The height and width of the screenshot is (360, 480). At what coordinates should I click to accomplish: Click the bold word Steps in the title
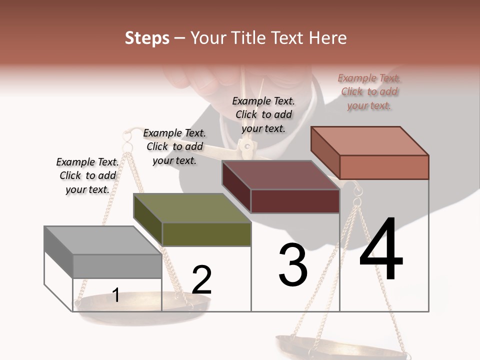(x=147, y=38)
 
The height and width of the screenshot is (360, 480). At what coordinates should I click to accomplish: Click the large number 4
(x=381, y=250)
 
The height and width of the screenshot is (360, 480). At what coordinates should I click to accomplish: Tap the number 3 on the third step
(x=293, y=265)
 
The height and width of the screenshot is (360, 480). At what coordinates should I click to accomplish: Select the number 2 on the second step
(x=201, y=280)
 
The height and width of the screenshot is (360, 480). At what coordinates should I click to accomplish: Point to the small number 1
(x=115, y=295)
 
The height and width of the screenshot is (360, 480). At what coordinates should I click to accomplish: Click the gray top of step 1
(x=95, y=240)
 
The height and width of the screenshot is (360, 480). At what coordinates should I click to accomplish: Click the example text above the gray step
(x=87, y=175)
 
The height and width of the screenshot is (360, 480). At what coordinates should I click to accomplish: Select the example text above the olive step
(x=174, y=146)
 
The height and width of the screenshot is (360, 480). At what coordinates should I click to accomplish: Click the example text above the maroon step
(x=263, y=114)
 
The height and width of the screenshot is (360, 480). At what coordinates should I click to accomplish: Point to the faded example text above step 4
(x=369, y=91)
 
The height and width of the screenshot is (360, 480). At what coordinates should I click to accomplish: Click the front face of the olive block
(x=206, y=234)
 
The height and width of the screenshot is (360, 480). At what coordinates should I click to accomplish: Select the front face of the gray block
(x=117, y=266)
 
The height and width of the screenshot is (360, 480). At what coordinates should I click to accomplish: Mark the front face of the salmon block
(x=384, y=167)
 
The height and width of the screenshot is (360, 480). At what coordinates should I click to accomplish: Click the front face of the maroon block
(x=295, y=201)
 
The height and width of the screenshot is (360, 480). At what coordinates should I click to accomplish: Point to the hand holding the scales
(x=200, y=80)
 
